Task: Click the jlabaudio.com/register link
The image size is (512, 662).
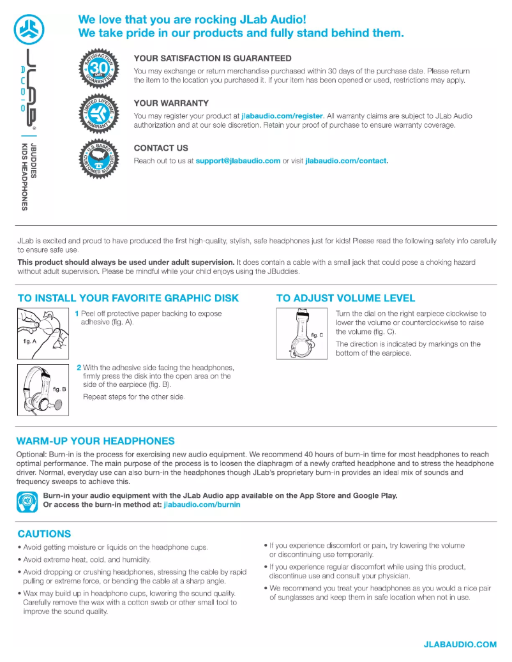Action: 283,116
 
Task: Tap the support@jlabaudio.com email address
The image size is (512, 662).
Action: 237,161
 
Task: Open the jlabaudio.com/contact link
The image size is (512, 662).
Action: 346,161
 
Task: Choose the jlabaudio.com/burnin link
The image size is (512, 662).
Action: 202,505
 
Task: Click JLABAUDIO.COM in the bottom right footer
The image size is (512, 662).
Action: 460,645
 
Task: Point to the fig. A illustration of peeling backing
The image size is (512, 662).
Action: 43,333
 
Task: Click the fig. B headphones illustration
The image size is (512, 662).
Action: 43,389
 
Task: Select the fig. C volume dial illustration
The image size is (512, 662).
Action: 302,333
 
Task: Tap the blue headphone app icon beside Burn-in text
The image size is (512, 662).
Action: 27,502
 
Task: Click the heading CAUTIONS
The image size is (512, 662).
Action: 44,534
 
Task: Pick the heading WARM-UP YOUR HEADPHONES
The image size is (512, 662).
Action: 95,441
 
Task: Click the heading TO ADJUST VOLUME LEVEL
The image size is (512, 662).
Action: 345,298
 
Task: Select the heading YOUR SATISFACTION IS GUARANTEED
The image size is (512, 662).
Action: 213,58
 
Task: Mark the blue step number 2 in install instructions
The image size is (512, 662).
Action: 79,368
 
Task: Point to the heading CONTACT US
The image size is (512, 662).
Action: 161,148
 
